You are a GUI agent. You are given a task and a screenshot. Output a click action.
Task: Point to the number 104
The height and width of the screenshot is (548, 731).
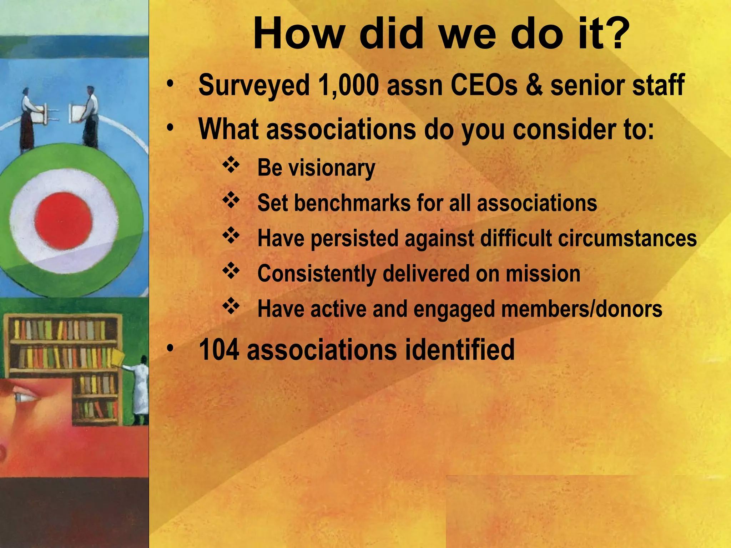[x=219, y=350]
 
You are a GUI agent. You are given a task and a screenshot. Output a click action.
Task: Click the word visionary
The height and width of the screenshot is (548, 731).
[x=332, y=168]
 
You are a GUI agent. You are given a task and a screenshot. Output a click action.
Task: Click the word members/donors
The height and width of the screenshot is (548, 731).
[x=581, y=309]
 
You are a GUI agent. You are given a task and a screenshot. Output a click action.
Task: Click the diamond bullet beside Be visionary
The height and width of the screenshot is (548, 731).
[x=231, y=165]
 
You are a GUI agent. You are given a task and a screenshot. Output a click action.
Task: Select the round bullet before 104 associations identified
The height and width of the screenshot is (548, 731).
[x=170, y=348]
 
